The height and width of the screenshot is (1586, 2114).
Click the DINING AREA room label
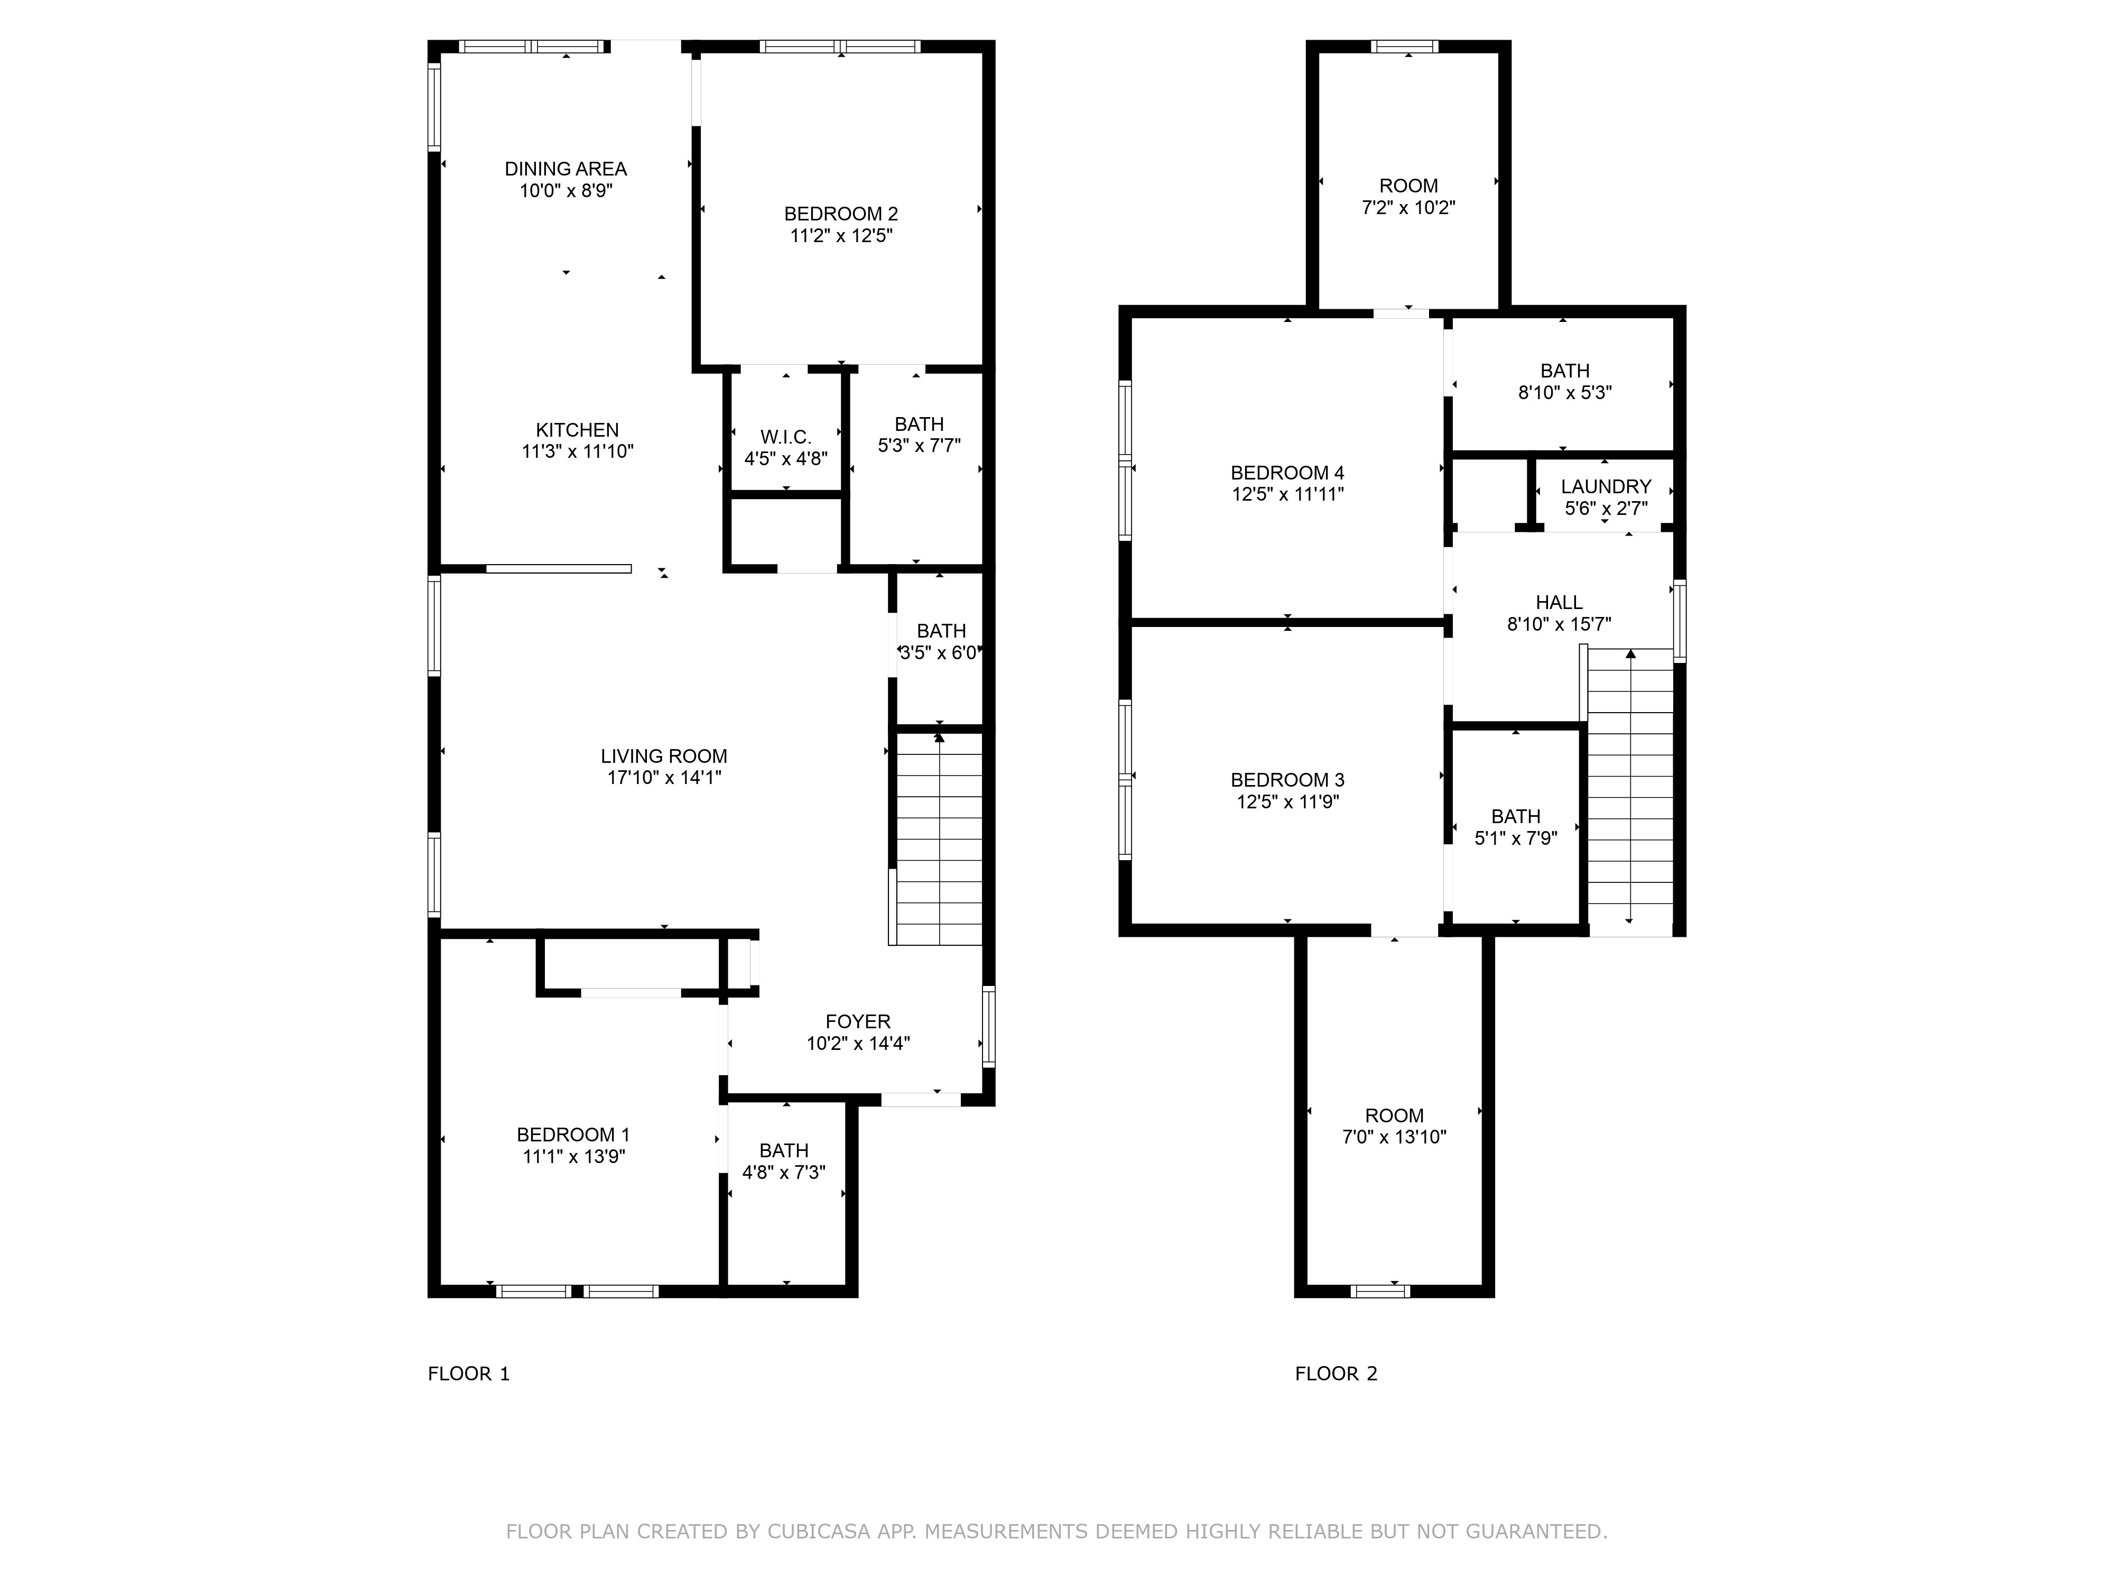pyautogui.click(x=566, y=169)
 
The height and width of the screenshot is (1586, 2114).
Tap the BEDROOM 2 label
pyautogui.click(x=841, y=214)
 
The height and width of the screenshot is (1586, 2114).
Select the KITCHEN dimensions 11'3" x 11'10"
pyautogui.click(x=577, y=451)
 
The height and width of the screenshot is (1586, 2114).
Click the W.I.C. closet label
pyautogui.click(x=785, y=437)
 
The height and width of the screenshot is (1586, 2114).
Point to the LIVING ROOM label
pyautogui.click(x=664, y=756)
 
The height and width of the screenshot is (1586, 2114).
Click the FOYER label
pyautogui.click(x=858, y=1022)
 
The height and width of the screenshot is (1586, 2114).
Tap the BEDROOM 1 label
pyautogui.click(x=573, y=1135)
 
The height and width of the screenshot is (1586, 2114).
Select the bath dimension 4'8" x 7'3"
pyautogui.click(x=784, y=1172)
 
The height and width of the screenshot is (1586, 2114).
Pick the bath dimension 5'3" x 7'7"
pyautogui.click(x=920, y=445)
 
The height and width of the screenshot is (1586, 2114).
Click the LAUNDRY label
pyautogui.click(x=1607, y=486)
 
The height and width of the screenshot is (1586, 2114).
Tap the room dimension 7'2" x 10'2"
pyautogui.click(x=1408, y=207)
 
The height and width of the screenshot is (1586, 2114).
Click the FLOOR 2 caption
pyautogui.click(x=1336, y=1374)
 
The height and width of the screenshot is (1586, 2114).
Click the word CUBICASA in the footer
pyautogui.click(x=819, y=1532)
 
